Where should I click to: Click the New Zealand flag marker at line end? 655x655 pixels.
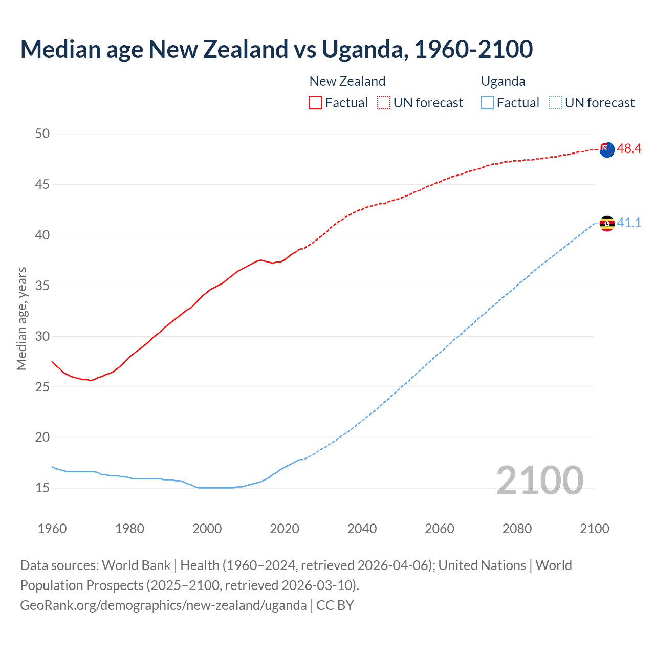pos(607,150)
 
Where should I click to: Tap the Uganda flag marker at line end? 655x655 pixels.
pos(607,224)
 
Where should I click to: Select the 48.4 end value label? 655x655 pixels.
pos(629,149)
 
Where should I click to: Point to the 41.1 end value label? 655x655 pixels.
pos(629,223)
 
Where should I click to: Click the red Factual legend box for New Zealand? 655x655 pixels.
pos(316,103)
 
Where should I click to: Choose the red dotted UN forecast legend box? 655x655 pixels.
pos(384,103)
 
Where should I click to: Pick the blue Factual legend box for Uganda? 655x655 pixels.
pos(488,103)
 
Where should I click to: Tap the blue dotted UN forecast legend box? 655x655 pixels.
pos(556,103)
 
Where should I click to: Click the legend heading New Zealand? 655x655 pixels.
pos(347,81)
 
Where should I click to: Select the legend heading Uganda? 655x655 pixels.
pos(503,81)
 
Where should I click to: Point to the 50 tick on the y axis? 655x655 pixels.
pos(42,134)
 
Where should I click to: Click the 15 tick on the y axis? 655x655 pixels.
pos(42,488)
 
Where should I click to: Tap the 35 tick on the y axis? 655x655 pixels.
pos(42,286)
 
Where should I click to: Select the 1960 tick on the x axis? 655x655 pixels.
pos(52,529)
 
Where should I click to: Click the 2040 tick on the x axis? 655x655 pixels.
pos(362,529)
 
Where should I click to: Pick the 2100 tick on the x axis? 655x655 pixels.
pos(595,529)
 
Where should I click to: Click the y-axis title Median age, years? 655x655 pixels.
pos(21,318)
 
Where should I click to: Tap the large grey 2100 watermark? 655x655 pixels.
pos(539,481)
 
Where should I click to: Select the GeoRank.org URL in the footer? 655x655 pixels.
pos(163,605)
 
